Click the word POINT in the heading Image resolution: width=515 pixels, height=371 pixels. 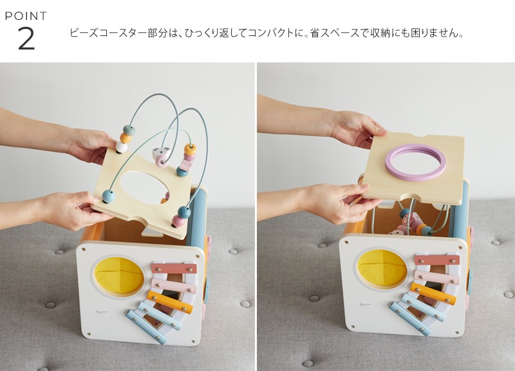26,15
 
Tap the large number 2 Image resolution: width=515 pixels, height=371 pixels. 26,39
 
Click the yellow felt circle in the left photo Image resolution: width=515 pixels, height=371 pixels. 119,276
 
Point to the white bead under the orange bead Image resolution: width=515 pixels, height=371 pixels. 122,147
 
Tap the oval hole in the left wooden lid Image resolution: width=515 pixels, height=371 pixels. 145,188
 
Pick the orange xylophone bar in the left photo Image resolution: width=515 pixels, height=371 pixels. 169,302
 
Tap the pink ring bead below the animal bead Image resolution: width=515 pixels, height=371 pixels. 162,162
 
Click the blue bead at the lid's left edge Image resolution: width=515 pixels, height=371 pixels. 108,196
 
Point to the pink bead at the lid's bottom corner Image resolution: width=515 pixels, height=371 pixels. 179,221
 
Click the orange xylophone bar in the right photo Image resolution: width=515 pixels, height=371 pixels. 433,294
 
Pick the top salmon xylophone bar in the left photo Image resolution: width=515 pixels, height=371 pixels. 174,268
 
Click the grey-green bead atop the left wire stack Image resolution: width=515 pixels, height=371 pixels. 129,130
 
